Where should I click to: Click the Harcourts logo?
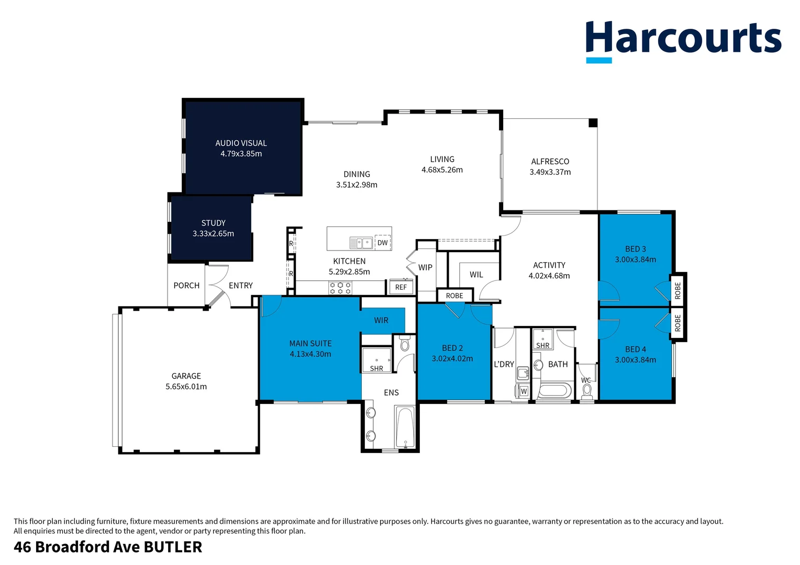[x=683, y=40]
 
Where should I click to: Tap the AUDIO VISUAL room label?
[x=241, y=143]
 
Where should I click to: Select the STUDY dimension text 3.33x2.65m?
[x=213, y=234]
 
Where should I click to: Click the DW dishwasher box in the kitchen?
[x=383, y=243]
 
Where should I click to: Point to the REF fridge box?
[x=401, y=287]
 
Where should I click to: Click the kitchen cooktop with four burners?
[x=340, y=288]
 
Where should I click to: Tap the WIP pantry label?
[x=425, y=268]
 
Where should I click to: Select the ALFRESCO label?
[x=550, y=162]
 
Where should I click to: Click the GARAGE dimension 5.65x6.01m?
[x=186, y=387]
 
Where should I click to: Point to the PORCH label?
[x=186, y=286]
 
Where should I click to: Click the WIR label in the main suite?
[x=381, y=321]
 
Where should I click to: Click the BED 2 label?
[x=452, y=348]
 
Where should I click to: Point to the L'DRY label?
[x=504, y=365]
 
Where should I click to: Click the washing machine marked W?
[x=523, y=391]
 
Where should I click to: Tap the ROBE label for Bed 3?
[x=677, y=290]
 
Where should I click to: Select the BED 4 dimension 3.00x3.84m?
[x=635, y=360]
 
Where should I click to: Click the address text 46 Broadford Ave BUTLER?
[x=108, y=547]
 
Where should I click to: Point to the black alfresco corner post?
[x=593, y=123]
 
